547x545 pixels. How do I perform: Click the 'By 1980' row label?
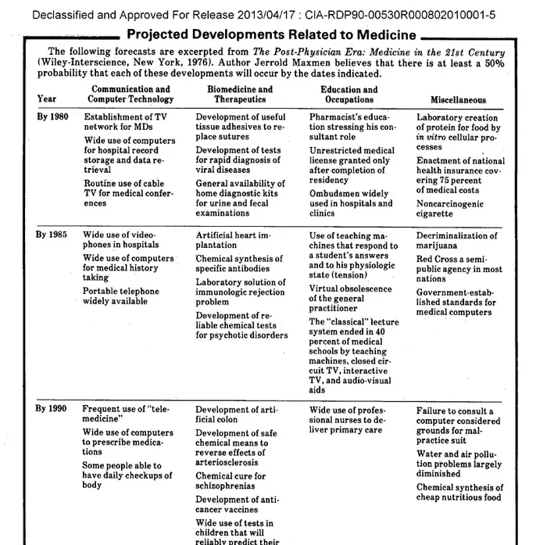[52, 117]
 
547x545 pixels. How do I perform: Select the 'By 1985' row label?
[52, 235]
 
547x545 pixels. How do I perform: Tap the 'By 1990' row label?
[52, 409]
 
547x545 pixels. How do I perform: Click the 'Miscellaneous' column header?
[458, 99]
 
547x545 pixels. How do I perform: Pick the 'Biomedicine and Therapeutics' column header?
[240, 95]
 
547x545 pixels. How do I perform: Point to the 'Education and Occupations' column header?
[349, 95]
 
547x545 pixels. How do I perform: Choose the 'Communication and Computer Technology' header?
[130, 95]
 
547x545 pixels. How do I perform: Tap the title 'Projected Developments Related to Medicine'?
[271, 34]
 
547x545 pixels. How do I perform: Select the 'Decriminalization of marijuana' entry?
[456, 240]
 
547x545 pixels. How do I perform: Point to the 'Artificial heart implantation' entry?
[233, 240]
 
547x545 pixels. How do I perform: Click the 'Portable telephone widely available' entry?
[120, 296]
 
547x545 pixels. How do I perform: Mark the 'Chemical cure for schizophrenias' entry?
[231, 480]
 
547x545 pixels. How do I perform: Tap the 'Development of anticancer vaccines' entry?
[236, 504]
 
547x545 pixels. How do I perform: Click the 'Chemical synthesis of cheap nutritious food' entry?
[459, 493]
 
